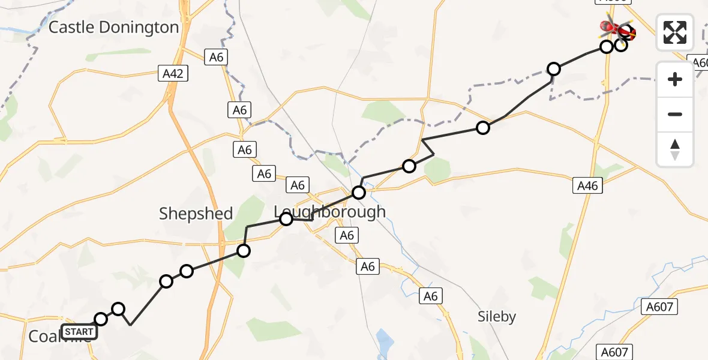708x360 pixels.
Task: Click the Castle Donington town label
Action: tap(113, 28)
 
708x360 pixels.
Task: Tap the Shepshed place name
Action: tap(196, 214)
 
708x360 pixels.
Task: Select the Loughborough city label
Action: tap(329, 212)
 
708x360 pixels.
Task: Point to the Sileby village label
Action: tap(497, 316)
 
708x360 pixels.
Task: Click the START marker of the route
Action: tap(79, 332)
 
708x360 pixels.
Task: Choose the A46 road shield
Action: tap(587, 186)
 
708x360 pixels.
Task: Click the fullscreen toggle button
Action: tap(675, 32)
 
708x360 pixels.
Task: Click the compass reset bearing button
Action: tap(675, 149)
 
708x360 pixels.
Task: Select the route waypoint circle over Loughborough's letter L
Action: tap(286, 219)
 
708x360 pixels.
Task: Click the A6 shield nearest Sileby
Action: tap(430, 296)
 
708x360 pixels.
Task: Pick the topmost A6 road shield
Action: tap(216, 58)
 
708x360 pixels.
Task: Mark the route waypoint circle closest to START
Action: tap(101, 319)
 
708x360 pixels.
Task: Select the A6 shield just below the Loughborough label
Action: tap(347, 235)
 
